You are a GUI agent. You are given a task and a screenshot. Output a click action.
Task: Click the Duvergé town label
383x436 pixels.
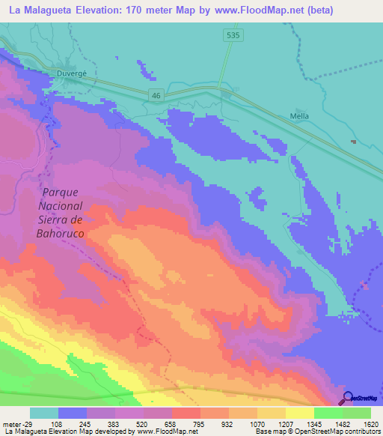(x=73, y=73)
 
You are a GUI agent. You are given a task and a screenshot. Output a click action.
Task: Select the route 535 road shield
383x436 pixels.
(x=233, y=34)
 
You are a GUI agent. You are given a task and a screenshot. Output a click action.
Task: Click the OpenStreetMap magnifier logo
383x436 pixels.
(x=347, y=399)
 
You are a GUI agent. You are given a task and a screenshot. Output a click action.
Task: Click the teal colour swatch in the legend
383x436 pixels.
(x=44, y=413)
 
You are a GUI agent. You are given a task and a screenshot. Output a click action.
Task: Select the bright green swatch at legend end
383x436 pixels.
(x=357, y=413)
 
